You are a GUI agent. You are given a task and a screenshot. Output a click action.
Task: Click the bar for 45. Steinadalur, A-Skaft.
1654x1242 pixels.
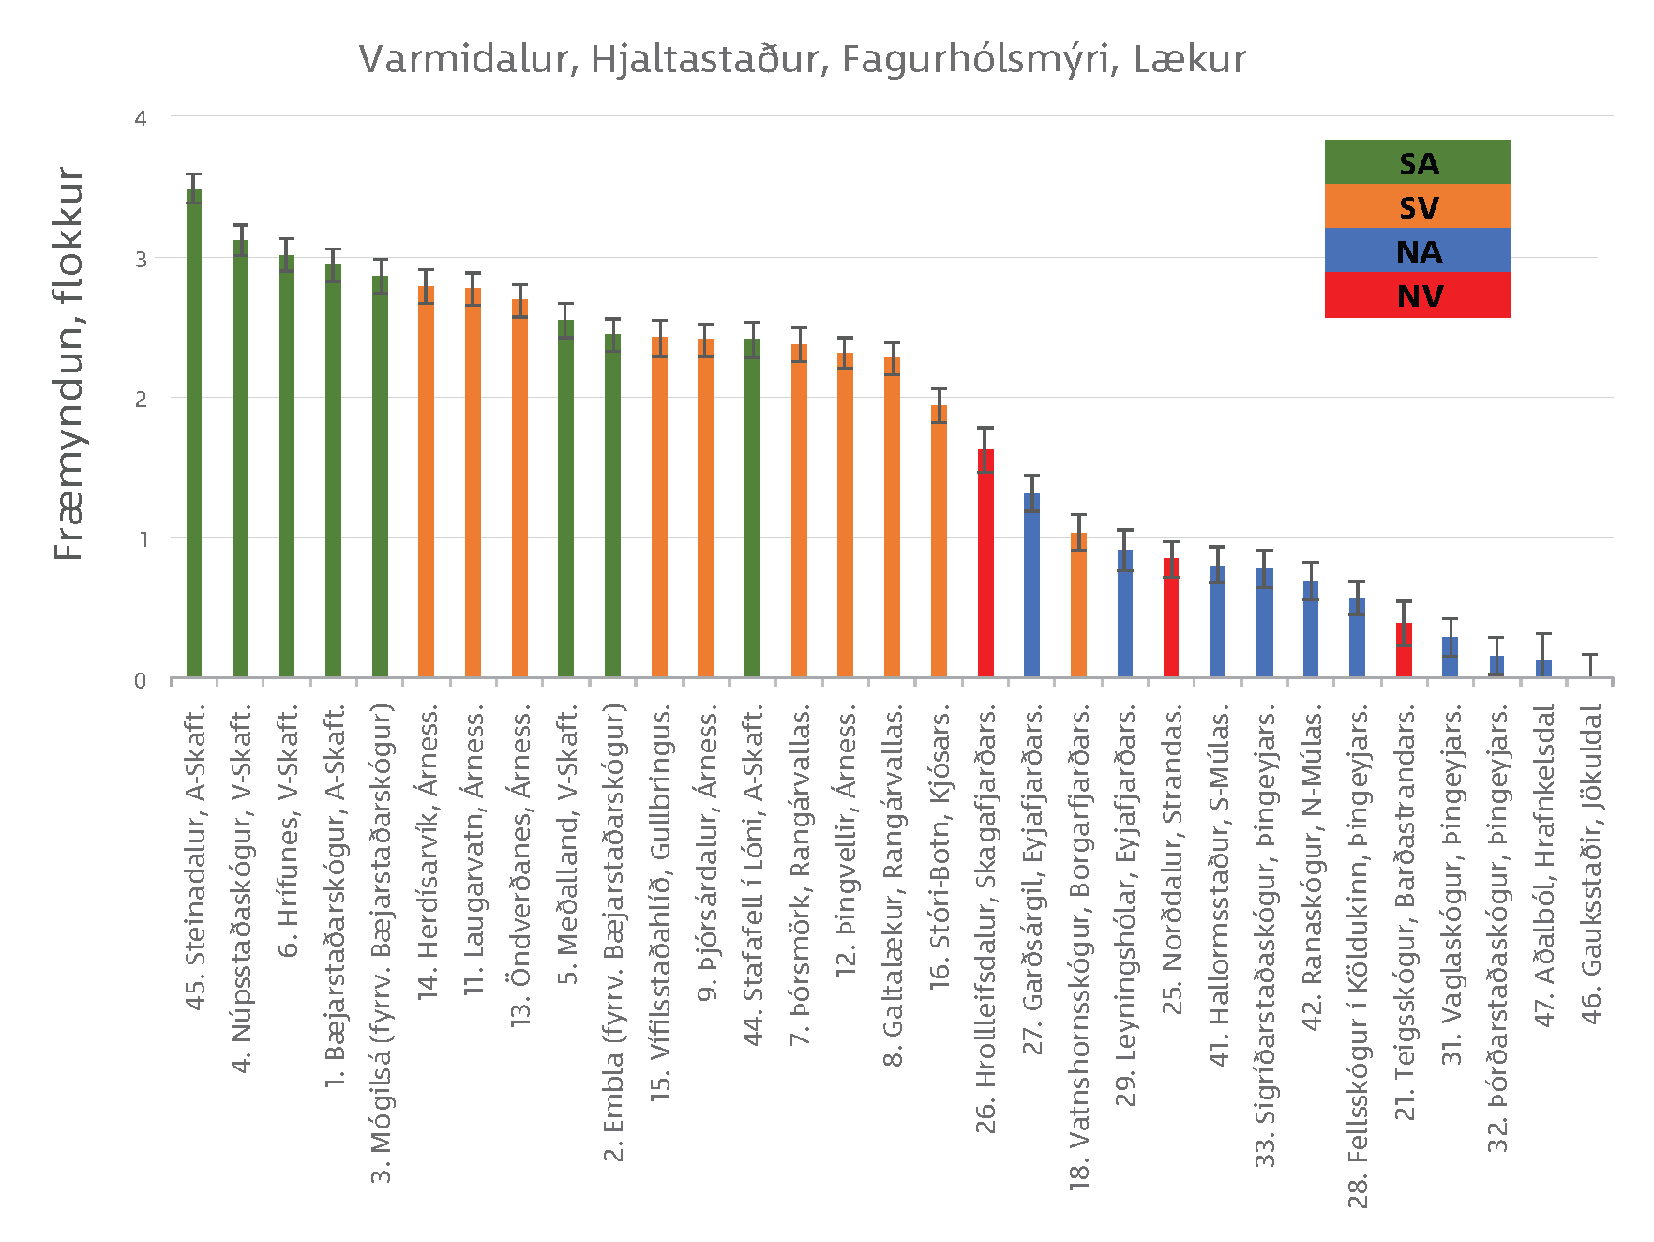point(194,432)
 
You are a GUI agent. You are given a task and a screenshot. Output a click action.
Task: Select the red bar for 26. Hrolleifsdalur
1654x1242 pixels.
point(985,563)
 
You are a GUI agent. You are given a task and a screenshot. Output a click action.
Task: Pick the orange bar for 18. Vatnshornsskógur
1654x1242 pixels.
point(1078,605)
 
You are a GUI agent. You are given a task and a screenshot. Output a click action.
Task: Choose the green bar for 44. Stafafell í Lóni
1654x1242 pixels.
point(752,507)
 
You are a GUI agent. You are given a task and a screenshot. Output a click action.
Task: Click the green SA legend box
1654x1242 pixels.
point(1417,162)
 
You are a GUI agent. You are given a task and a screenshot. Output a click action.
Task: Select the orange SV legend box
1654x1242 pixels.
point(1417,206)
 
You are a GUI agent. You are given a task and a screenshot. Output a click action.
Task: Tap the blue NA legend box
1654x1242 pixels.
point(1417,250)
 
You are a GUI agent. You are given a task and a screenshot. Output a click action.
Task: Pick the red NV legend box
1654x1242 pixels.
point(1417,295)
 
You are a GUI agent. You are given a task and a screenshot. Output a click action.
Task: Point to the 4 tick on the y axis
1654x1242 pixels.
point(141,118)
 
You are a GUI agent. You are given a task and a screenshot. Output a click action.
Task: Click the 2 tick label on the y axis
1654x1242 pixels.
point(141,399)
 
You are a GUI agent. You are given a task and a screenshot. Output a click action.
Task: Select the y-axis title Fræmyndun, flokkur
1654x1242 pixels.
point(69,364)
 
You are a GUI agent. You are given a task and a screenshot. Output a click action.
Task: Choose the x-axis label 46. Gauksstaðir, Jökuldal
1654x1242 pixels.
point(1591,863)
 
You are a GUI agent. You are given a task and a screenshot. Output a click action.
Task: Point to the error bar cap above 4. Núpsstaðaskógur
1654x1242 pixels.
point(241,225)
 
